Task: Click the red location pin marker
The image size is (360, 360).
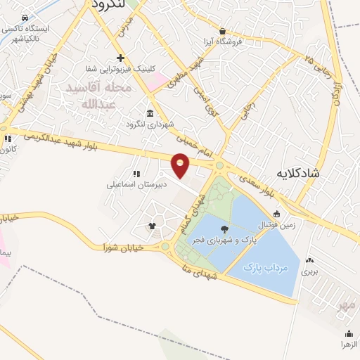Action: point(181,165)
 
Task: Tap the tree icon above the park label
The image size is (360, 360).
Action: point(224,229)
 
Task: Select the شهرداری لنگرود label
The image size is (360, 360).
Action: point(149,124)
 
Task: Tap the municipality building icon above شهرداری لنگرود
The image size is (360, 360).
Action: point(149,112)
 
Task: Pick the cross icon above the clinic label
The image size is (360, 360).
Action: point(121,58)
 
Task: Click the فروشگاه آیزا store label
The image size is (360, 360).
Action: point(223,41)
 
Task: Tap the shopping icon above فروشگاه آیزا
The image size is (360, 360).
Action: point(223,31)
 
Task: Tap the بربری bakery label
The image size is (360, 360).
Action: point(310,271)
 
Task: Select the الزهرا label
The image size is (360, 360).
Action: point(349,345)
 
